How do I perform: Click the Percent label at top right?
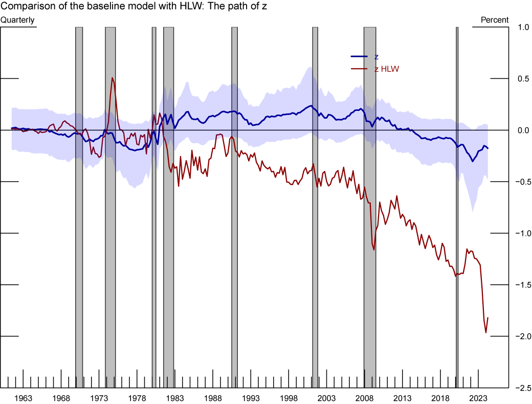tap(495, 20)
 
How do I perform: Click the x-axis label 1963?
tap(23, 398)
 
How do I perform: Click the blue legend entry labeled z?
tap(376, 57)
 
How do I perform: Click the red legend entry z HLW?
tap(386, 68)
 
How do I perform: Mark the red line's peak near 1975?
tap(112, 78)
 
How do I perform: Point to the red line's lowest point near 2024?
tap(486, 333)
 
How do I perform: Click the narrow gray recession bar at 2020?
tap(457, 205)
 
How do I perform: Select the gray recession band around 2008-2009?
tap(370, 205)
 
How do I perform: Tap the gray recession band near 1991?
tap(234, 205)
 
